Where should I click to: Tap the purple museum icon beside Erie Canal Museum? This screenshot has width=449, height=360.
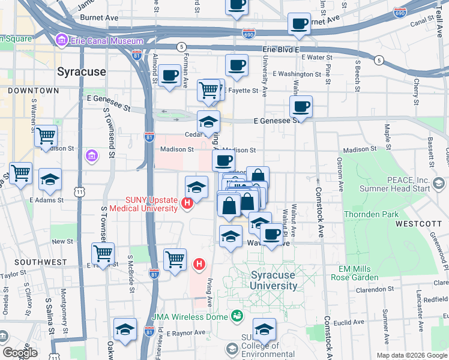click(61, 41)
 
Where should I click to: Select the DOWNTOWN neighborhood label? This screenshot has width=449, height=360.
click(34, 91)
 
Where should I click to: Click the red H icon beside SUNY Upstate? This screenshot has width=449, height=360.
click(187, 204)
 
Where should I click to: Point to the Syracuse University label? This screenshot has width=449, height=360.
click(273, 280)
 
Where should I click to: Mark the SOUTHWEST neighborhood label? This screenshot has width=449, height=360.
click(41, 262)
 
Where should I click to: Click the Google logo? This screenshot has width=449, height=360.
click(20, 352)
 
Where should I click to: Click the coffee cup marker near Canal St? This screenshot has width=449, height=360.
click(299, 25)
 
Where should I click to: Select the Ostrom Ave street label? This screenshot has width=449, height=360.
click(340, 174)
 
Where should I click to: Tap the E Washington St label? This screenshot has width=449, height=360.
click(297, 74)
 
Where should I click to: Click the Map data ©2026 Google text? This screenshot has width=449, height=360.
click(411, 355)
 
